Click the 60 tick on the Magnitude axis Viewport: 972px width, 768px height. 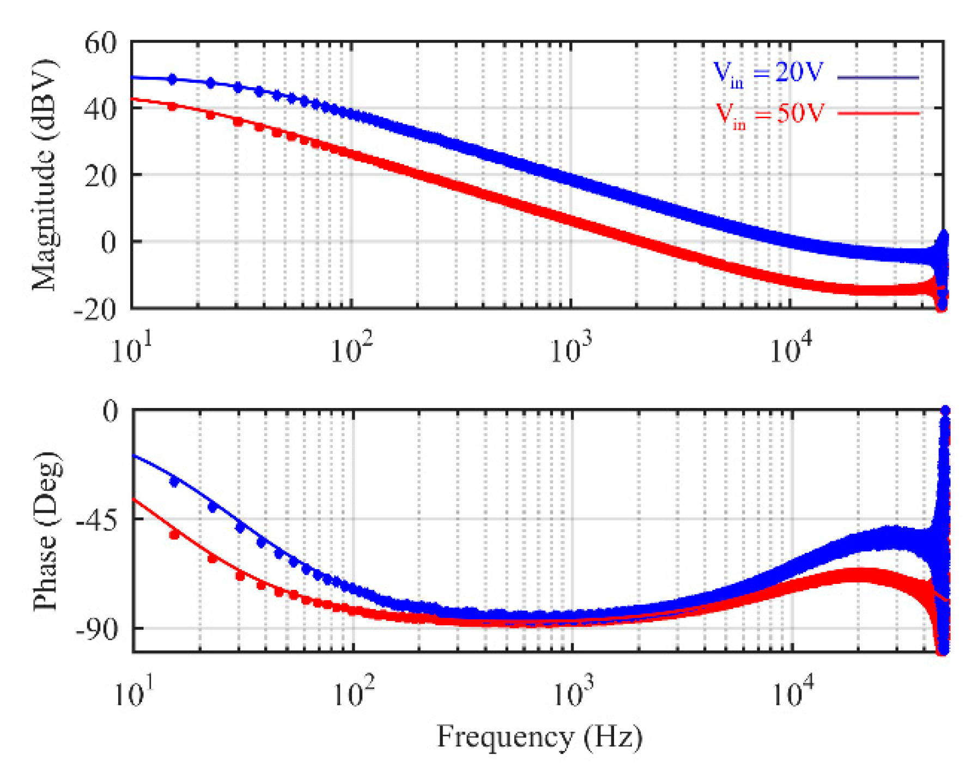100,42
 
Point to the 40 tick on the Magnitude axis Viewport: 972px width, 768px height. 100,109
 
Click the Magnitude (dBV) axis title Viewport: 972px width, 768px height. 44,174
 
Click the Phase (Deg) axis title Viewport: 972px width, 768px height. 46,531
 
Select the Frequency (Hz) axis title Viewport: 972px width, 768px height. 539,737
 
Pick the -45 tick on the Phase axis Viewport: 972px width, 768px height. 96,520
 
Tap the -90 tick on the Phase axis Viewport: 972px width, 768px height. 96,630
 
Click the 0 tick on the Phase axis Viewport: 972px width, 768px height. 110,411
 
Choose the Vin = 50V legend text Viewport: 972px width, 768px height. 768,114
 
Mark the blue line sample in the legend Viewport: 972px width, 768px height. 878,77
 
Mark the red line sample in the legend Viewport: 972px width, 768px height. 878,113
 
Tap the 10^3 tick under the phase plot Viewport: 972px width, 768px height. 572,693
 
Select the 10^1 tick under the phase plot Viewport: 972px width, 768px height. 133,693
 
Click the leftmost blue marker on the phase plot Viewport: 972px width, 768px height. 174,481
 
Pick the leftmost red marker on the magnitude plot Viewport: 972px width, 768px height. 172,106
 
